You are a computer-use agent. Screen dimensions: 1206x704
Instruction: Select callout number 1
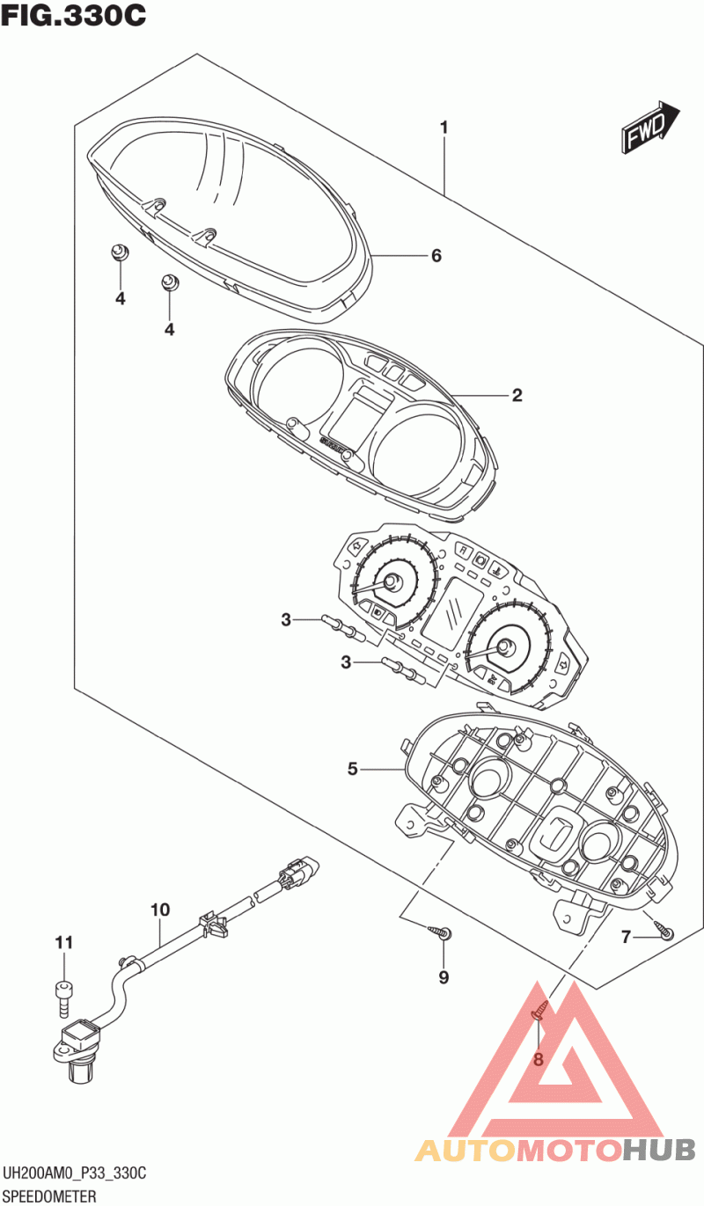pyautogui.click(x=444, y=128)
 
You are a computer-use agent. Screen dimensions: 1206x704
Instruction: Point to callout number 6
pyautogui.click(x=436, y=256)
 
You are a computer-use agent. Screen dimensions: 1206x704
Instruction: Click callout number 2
pyautogui.click(x=517, y=396)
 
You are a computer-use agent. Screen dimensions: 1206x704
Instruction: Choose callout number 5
pyautogui.click(x=352, y=770)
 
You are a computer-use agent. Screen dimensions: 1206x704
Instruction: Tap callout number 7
pyautogui.click(x=627, y=938)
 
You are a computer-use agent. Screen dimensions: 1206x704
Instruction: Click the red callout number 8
pyautogui.click(x=539, y=1059)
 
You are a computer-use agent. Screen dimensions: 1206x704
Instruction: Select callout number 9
pyautogui.click(x=444, y=977)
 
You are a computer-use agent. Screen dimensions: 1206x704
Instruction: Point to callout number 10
pyautogui.click(x=159, y=910)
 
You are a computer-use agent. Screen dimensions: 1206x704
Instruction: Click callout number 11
pyautogui.click(x=62, y=943)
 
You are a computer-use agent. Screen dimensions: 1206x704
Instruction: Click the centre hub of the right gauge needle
pyautogui.click(x=505, y=648)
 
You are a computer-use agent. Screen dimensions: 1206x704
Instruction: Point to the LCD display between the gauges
pyautogui.click(x=451, y=609)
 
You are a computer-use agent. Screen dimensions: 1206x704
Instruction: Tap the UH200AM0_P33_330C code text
pyautogui.click(x=74, y=1174)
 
